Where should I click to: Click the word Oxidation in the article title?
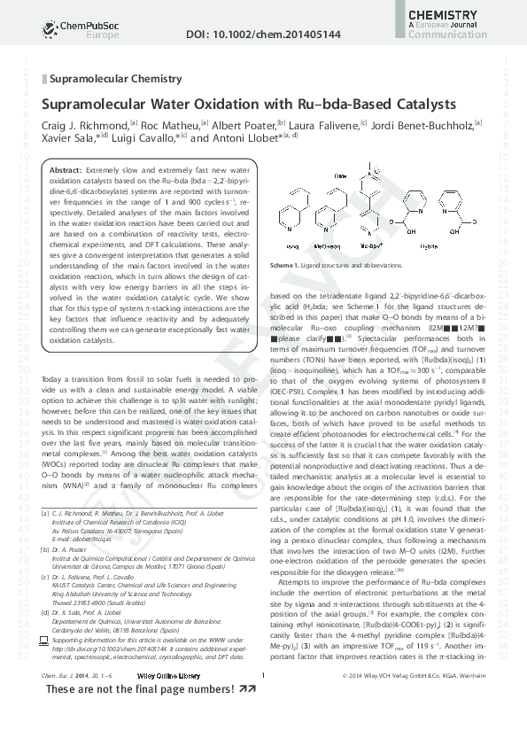point(253,104)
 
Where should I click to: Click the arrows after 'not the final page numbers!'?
point(236,714)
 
